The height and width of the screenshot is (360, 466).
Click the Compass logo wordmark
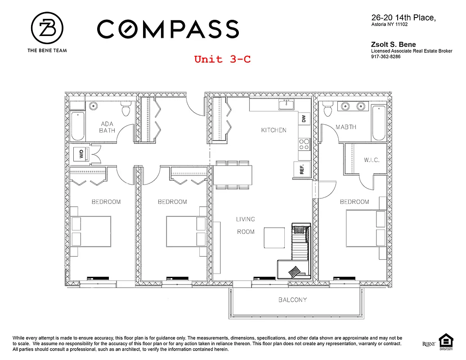pyautogui.click(x=168, y=29)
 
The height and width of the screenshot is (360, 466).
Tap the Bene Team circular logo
pyautogui.click(x=47, y=28)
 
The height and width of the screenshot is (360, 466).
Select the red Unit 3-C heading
pyautogui.click(x=222, y=59)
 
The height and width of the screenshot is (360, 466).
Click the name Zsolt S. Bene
pyautogui.click(x=394, y=44)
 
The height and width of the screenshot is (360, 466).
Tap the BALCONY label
pyautogui.click(x=292, y=300)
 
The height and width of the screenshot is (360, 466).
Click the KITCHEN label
pyautogui.click(x=273, y=130)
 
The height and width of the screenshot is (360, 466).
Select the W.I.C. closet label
pyautogui.click(x=372, y=160)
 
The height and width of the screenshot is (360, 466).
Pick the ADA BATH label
pyautogui.click(x=107, y=127)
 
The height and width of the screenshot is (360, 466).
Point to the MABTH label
pyautogui.click(x=346, y=127)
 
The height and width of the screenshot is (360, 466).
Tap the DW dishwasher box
pyautogui.click(x=304, y=119)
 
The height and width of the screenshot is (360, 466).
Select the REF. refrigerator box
pyautogui.click(x=302, y=169)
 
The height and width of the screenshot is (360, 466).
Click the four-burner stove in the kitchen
pyautogui.click(x=304, y=144)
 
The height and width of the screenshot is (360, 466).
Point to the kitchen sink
pyautogui.click(x=287, y=105)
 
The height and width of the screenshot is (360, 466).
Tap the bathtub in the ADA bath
pyautogui.click(x=77, y=126)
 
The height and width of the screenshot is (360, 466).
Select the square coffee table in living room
pyautogui.click(x=274, y=237)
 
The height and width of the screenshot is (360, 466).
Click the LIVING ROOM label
pyautogui.click(x=246, y=225)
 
